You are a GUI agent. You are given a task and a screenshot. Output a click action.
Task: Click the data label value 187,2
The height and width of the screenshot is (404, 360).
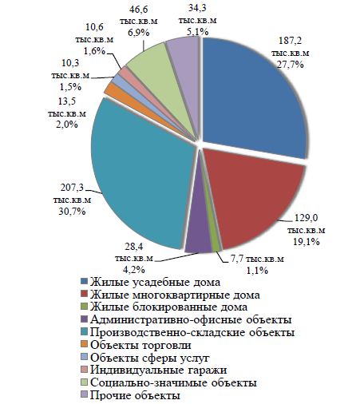[291, 41]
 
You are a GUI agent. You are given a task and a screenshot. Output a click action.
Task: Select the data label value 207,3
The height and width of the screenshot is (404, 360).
[72, 188]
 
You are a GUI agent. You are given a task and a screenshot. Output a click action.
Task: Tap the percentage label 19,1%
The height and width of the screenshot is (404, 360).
[307, 242]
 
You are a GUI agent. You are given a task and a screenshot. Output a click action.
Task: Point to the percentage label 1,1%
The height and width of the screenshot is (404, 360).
[257, 271]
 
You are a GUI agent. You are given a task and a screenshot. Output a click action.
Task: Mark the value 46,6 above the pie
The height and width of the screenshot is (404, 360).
[138, 10]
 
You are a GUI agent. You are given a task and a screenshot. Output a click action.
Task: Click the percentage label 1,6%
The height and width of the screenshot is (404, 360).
[94, 51]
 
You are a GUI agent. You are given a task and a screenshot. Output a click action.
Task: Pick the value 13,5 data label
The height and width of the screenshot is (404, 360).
[67, 101]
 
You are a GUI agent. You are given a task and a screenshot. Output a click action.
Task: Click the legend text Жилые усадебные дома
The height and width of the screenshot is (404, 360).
[156, 283]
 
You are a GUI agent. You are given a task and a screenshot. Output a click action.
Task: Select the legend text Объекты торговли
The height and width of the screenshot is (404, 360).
[140, 345]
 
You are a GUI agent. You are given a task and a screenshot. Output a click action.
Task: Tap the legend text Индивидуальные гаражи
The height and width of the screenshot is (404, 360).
[159, 370]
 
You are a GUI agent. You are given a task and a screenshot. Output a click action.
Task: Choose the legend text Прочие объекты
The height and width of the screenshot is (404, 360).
[135, 395]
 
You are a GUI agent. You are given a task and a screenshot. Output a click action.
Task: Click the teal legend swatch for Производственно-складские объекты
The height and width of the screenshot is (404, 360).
[85, 332]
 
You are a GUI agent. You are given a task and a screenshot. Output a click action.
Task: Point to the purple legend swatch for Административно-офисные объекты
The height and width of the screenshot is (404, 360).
[85, 319]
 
